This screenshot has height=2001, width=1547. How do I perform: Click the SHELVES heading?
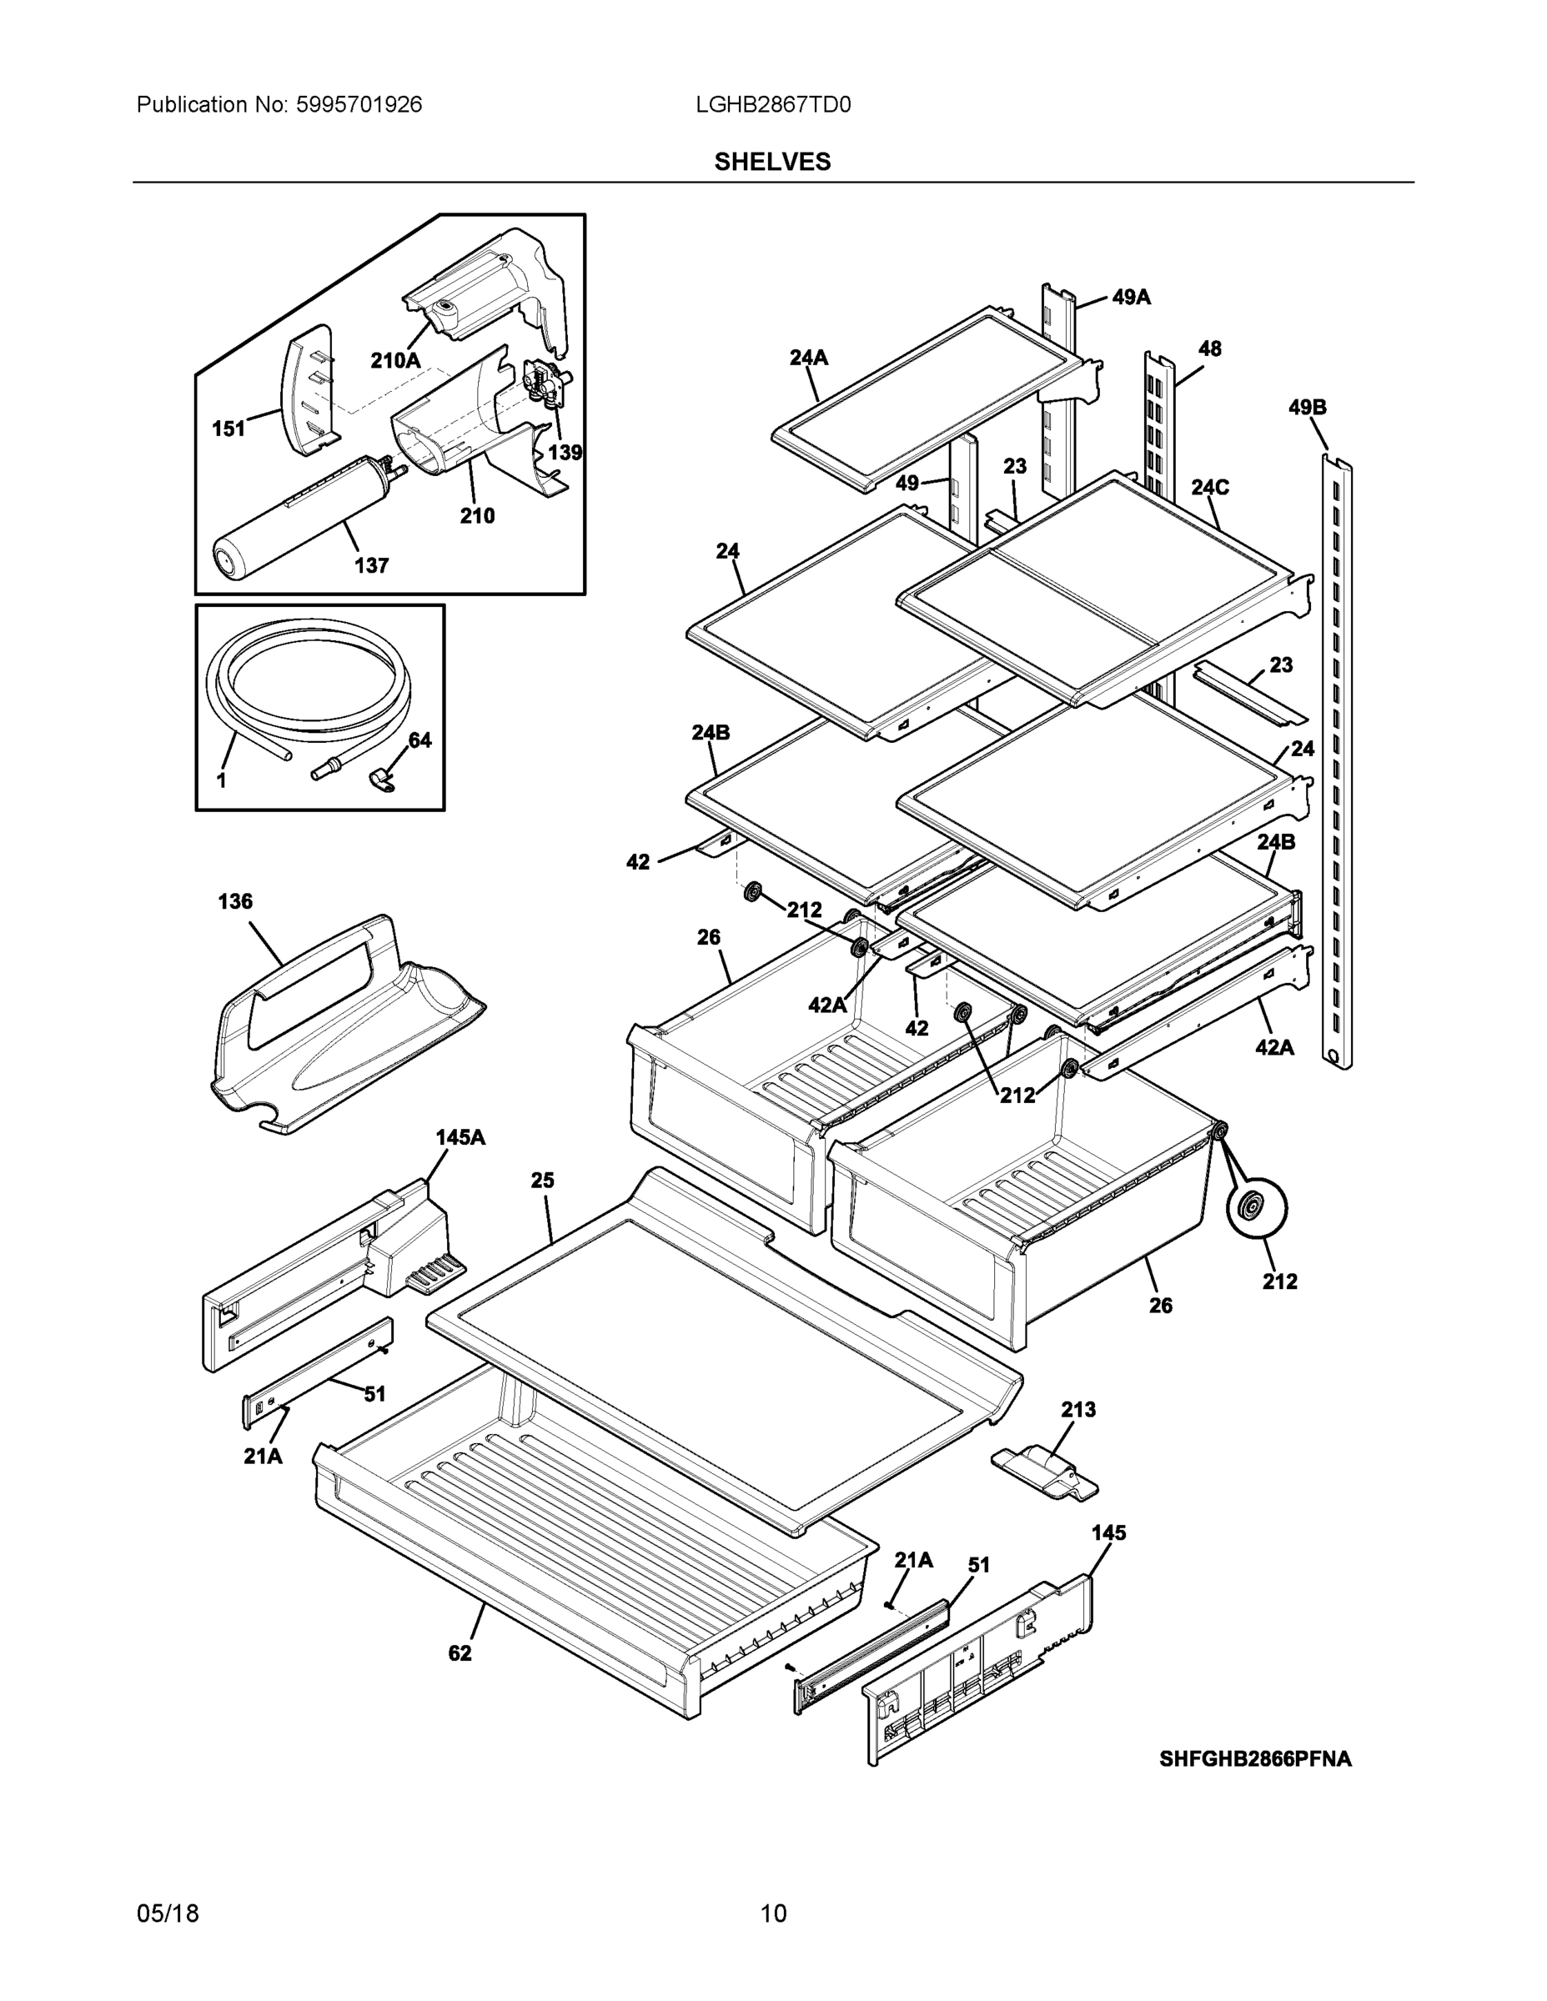(772, 163)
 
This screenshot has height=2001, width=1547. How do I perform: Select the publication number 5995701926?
(359, 105)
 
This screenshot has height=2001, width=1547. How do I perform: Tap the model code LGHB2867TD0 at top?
(772, 105)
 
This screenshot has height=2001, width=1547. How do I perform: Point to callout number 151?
(229, 429)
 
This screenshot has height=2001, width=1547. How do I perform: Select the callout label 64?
(419, 740)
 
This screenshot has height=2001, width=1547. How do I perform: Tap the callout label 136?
(234, 901)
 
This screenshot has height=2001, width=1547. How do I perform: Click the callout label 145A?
(460, 1137)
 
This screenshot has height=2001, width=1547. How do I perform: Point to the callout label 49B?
(1307, 408)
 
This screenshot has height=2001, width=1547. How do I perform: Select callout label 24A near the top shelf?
(808, 359)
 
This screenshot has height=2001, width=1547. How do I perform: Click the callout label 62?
(460, 1652)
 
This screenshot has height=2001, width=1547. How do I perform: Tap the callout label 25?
(543, 1180)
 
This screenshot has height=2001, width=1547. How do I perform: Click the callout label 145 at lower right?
(1109, 1532)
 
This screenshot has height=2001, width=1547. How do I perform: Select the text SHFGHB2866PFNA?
(1254, 1759)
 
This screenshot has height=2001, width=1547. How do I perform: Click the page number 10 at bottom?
(772, 1914)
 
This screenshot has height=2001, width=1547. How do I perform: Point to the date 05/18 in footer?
(168, 1914)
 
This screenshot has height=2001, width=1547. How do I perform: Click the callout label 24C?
(1210, 488)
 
